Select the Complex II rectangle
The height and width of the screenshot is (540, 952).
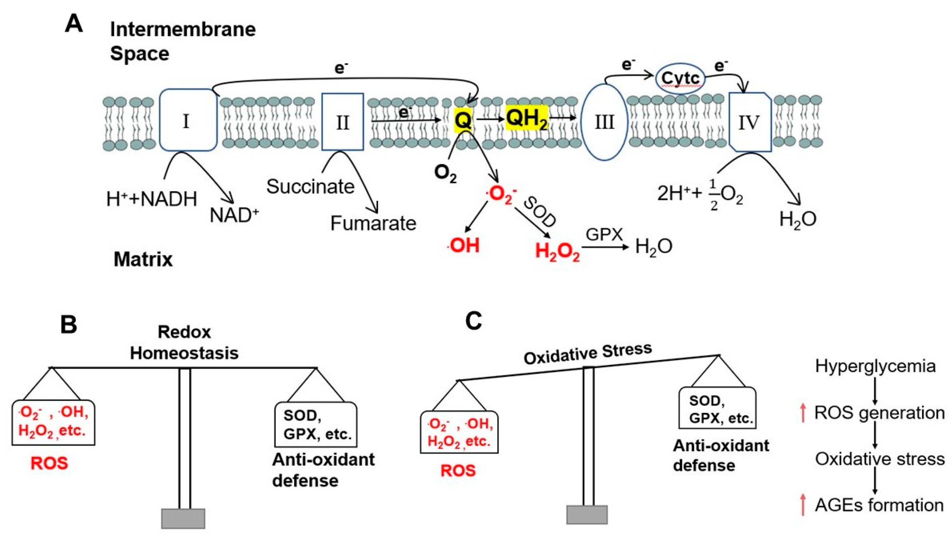[342, 122]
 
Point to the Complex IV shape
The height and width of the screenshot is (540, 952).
[749, 122]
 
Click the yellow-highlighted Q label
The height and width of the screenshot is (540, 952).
[463, 121]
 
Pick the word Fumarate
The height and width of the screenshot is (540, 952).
[373, 223]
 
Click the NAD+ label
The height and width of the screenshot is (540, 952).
[234, 215]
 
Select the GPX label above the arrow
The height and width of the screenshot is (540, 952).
[604, 235]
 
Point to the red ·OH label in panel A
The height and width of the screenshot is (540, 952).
[464, 245]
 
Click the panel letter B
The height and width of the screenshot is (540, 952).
[68, 324]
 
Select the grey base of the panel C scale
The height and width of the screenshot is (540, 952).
[587, 514]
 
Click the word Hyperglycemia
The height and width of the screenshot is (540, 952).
[875, 367]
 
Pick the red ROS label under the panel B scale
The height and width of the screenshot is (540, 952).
[49, 463]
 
